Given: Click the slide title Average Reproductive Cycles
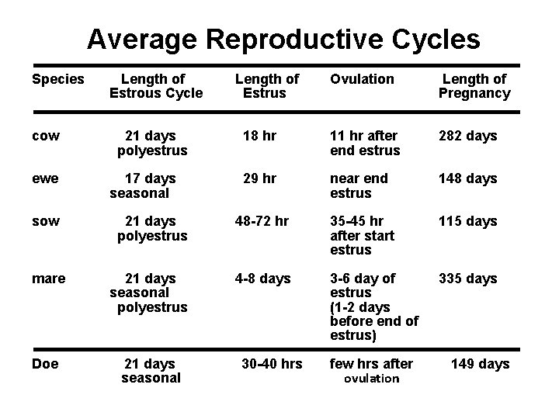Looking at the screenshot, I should pyautogui.click(x=283, y=38).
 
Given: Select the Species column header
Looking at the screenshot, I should pyautogui.click(x=57, y=79).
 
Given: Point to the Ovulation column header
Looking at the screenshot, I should pyautogui.click(x=362, y=79).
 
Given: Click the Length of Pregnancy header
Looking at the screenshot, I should pyautogui.click(x=474, y=86).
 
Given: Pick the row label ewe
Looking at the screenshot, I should pyautogui.click(x=45, y=178).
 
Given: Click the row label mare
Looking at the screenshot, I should pyautogui.click(x=49, y=278).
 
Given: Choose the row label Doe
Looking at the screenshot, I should pyautogui.click(x=46, y=363).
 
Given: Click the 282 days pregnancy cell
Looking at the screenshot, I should pyautogui.click(x=467, y=136).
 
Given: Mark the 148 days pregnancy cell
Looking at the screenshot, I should pyautogui.click(x=467, y=178).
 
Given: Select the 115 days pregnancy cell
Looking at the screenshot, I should pyautogui.click(x=467, y=221).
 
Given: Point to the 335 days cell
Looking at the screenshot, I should pyautogui.click(x=467, y=278).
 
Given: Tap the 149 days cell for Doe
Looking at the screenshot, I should pyautogui.click(x=481, y=363).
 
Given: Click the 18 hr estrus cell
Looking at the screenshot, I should pyautogui.click(x=259, y=136).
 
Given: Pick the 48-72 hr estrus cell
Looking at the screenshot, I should pyautogui.click(x=262, y=221).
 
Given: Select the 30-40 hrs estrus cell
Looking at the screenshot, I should pyautogui.click(x=272, y=363).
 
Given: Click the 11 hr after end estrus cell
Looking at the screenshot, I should pyautogui.click(x=365, y=143).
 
